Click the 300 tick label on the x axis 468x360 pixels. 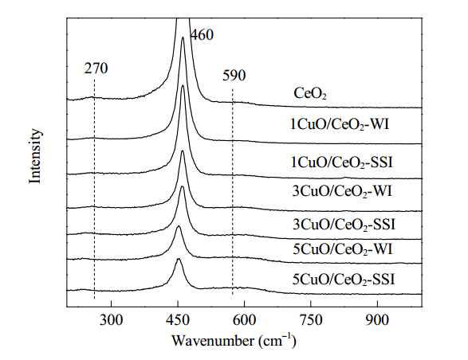click(x=111, y=320)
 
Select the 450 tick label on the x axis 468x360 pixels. click(x=178, y=320)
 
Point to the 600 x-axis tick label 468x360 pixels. click(x=245, y=320)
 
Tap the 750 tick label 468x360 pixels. click(x=311, y=320)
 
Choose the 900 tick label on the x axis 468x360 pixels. click(x=378, y=320)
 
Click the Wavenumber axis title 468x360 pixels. click(x=234, y=341)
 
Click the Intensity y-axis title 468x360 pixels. click(x=34, y=156)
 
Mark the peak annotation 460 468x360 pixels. click(x=202, y=35)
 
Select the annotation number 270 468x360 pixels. click(x=96, y=68)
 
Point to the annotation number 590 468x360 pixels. click(x=234, y=75)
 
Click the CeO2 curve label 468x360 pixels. click(x=310, y=93)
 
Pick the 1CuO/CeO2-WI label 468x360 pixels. click(x=340, y=124)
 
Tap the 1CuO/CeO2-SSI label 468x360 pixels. click(x=342, y=162)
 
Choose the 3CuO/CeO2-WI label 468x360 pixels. click(x=342, y=191)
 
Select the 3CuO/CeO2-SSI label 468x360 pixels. click(x=344, y=224)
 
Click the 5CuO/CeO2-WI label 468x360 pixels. click(x=343, y=249)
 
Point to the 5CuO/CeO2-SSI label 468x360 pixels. click(x=344, y=280)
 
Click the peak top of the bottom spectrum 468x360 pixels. click(x=179, y=259)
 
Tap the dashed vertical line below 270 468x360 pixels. click(x=94, y=189)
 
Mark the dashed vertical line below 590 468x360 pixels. click(x=233, y=192)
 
